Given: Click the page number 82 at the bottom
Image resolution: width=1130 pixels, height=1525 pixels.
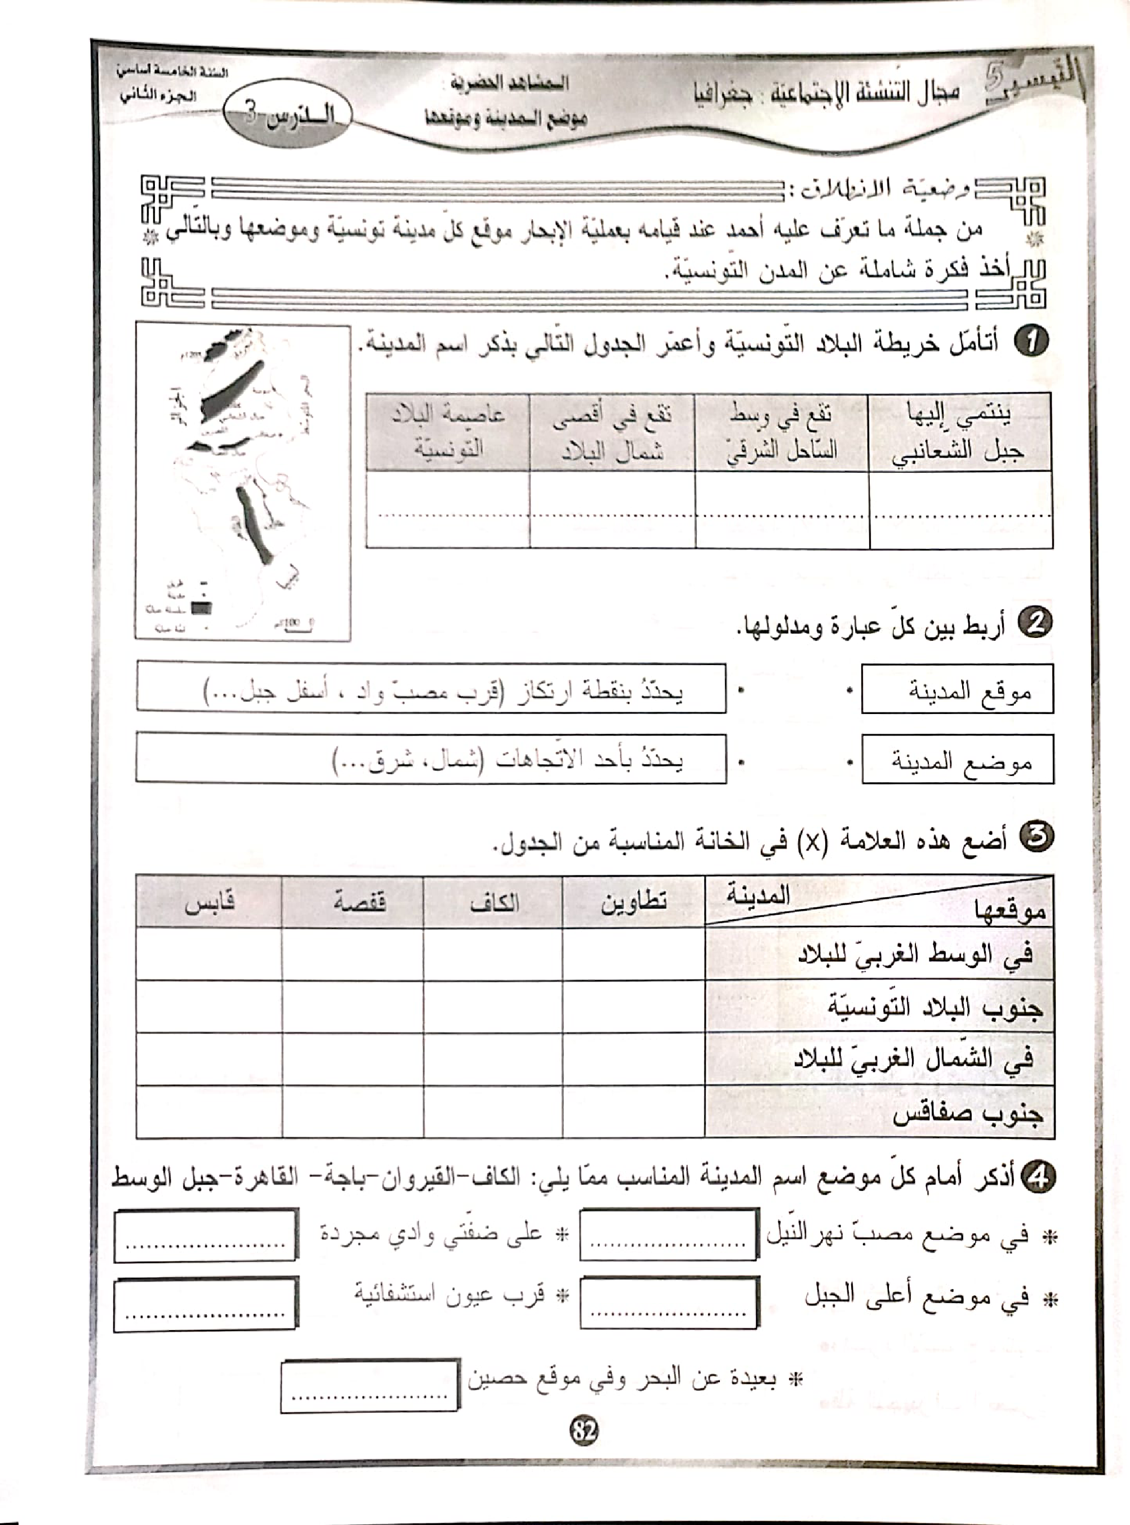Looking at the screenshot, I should (x=584, y=1430).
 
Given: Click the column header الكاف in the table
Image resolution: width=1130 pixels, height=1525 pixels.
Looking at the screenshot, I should (x=494, y=902).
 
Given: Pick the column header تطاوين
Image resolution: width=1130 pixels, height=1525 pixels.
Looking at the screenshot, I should (x=633, y=902).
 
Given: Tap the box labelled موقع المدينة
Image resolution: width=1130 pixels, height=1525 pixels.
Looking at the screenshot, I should (x=957, y=689).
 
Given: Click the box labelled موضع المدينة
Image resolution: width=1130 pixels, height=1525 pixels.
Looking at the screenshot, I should (x=957, y=760).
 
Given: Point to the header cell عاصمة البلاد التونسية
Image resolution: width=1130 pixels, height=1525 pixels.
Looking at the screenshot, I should (x=448, y=432).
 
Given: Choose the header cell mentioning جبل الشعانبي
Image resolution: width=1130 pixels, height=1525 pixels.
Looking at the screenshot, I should (x=960, y=432).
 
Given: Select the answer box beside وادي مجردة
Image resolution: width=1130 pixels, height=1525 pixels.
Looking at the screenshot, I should (x=205, y=1234).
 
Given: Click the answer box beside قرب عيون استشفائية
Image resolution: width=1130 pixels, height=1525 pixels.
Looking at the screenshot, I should (x=205, y=1304).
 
